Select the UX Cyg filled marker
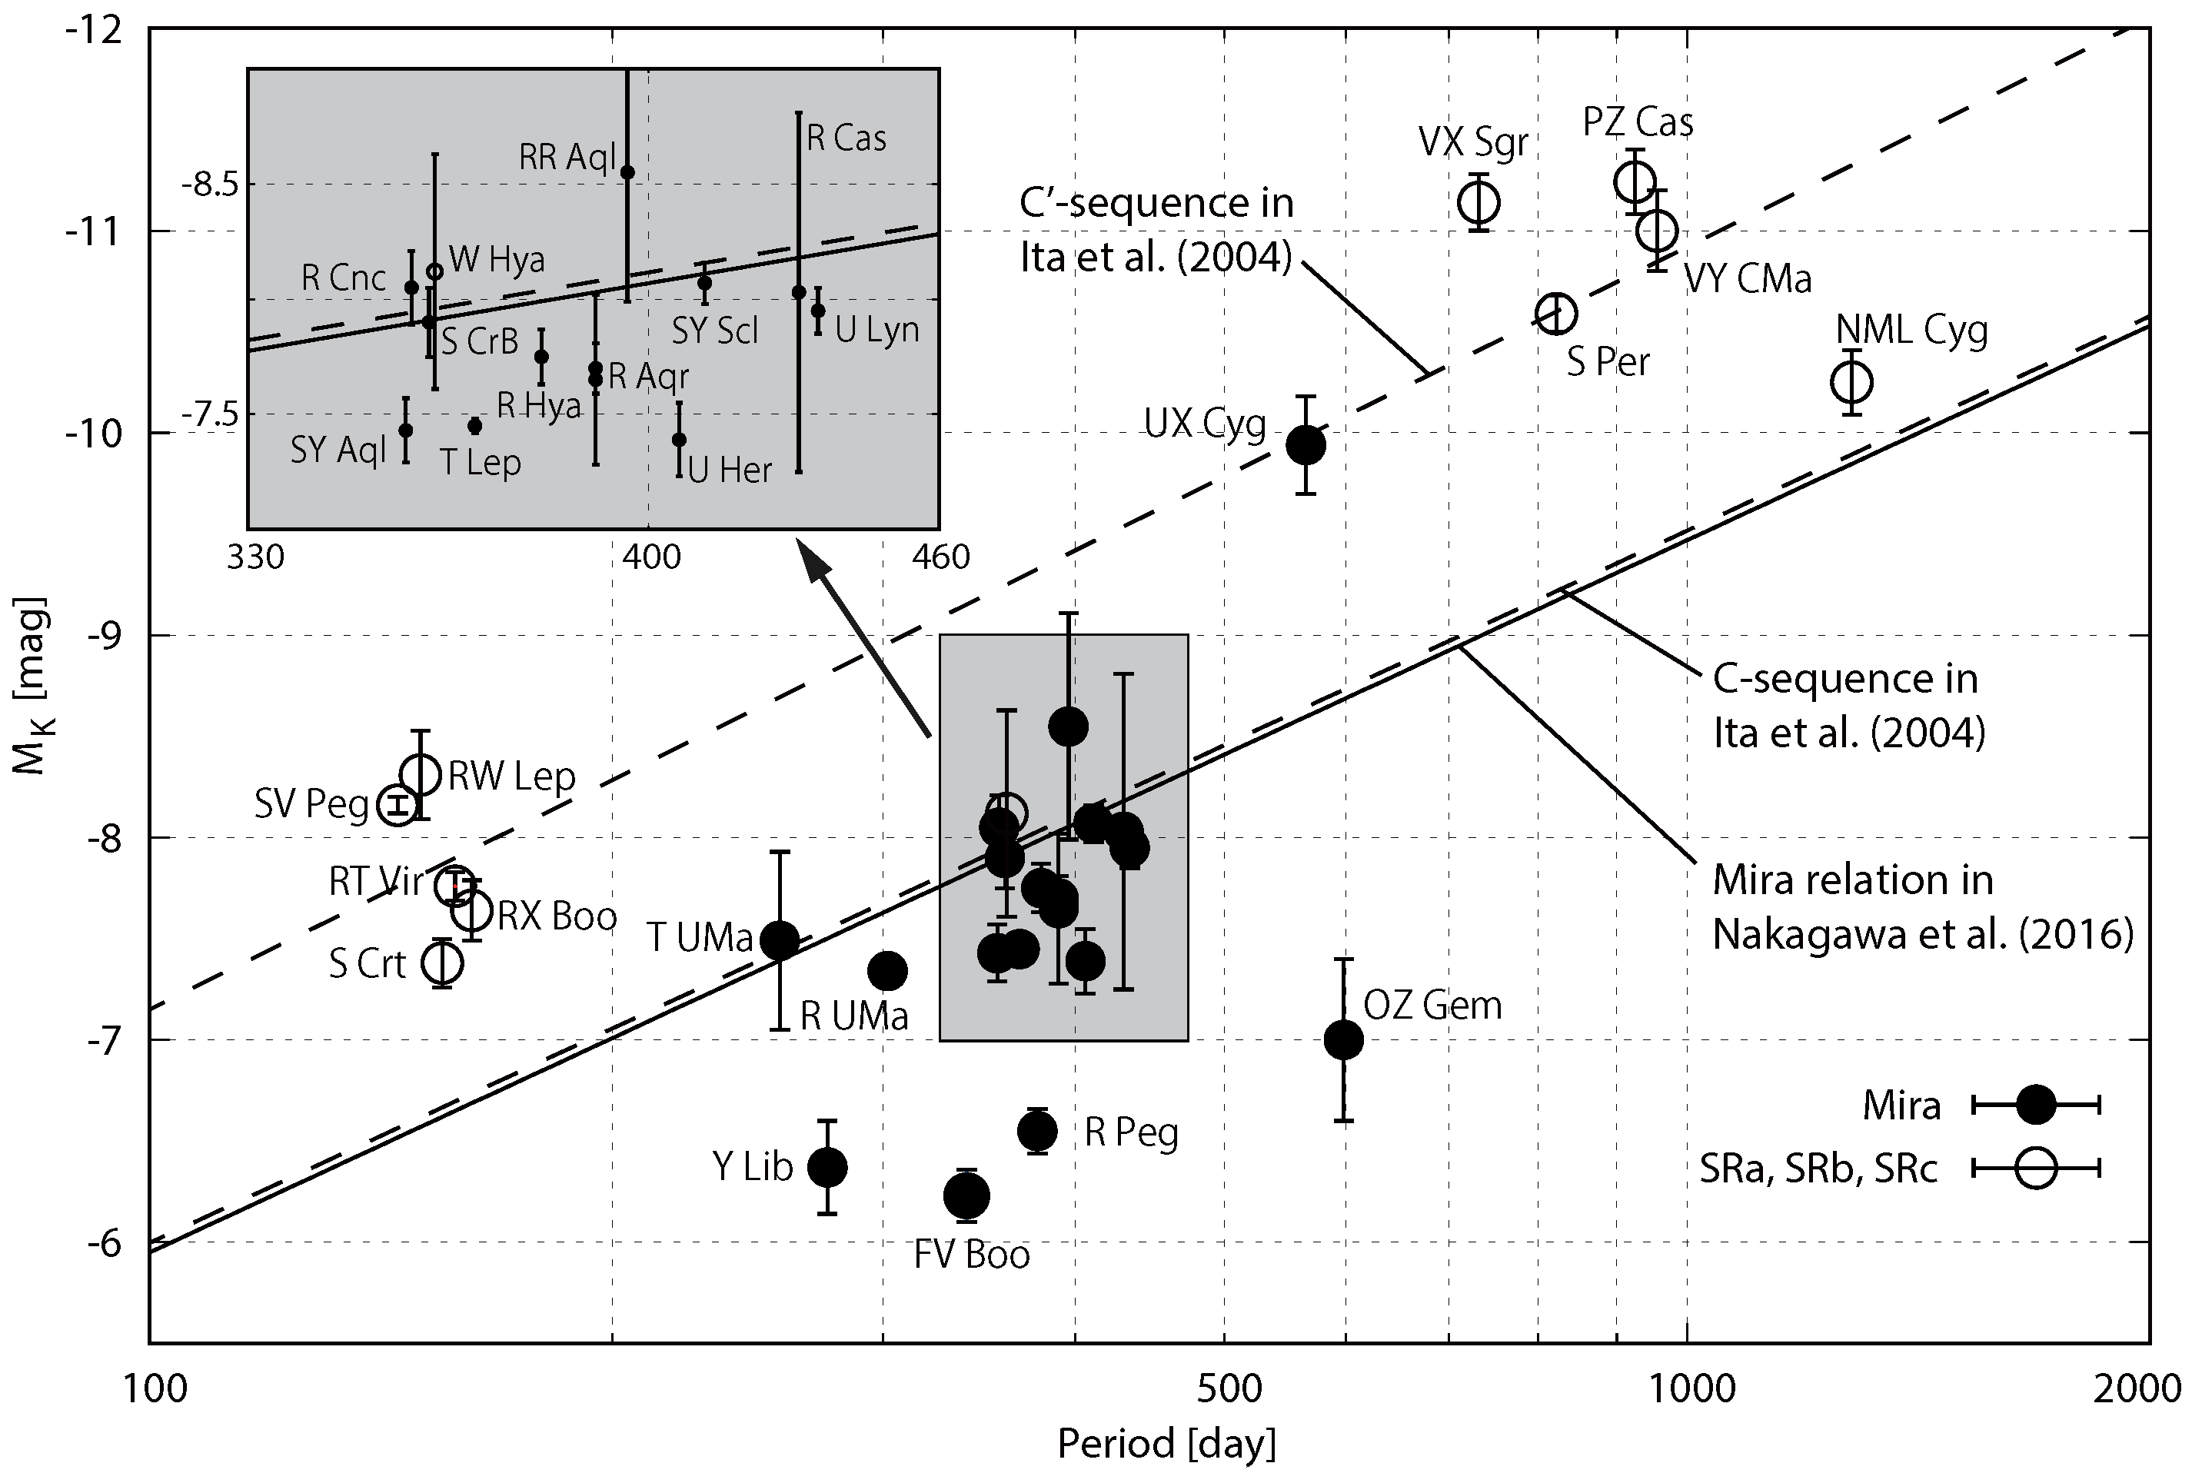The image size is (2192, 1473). (x=1305, y=444)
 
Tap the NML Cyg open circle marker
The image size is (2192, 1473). (x=1852, y=382)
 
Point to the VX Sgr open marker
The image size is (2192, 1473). (x=1479, y=202)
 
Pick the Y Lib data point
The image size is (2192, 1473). (x=827, y=1167)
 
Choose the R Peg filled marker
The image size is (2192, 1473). (x=1037, y=1131)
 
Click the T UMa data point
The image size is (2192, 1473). (x=779, y=939)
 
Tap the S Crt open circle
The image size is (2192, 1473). (x=443, y=962)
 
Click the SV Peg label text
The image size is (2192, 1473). (x=311, y=804)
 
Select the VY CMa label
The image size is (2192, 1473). (x=1748, y=279)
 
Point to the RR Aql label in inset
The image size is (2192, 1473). (x=567, y=157)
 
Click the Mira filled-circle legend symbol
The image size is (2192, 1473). (x=2036, y=1105)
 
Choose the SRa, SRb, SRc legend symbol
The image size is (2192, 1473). (x=2036, y=1169)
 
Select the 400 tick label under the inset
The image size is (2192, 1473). (x=651, y=557)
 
